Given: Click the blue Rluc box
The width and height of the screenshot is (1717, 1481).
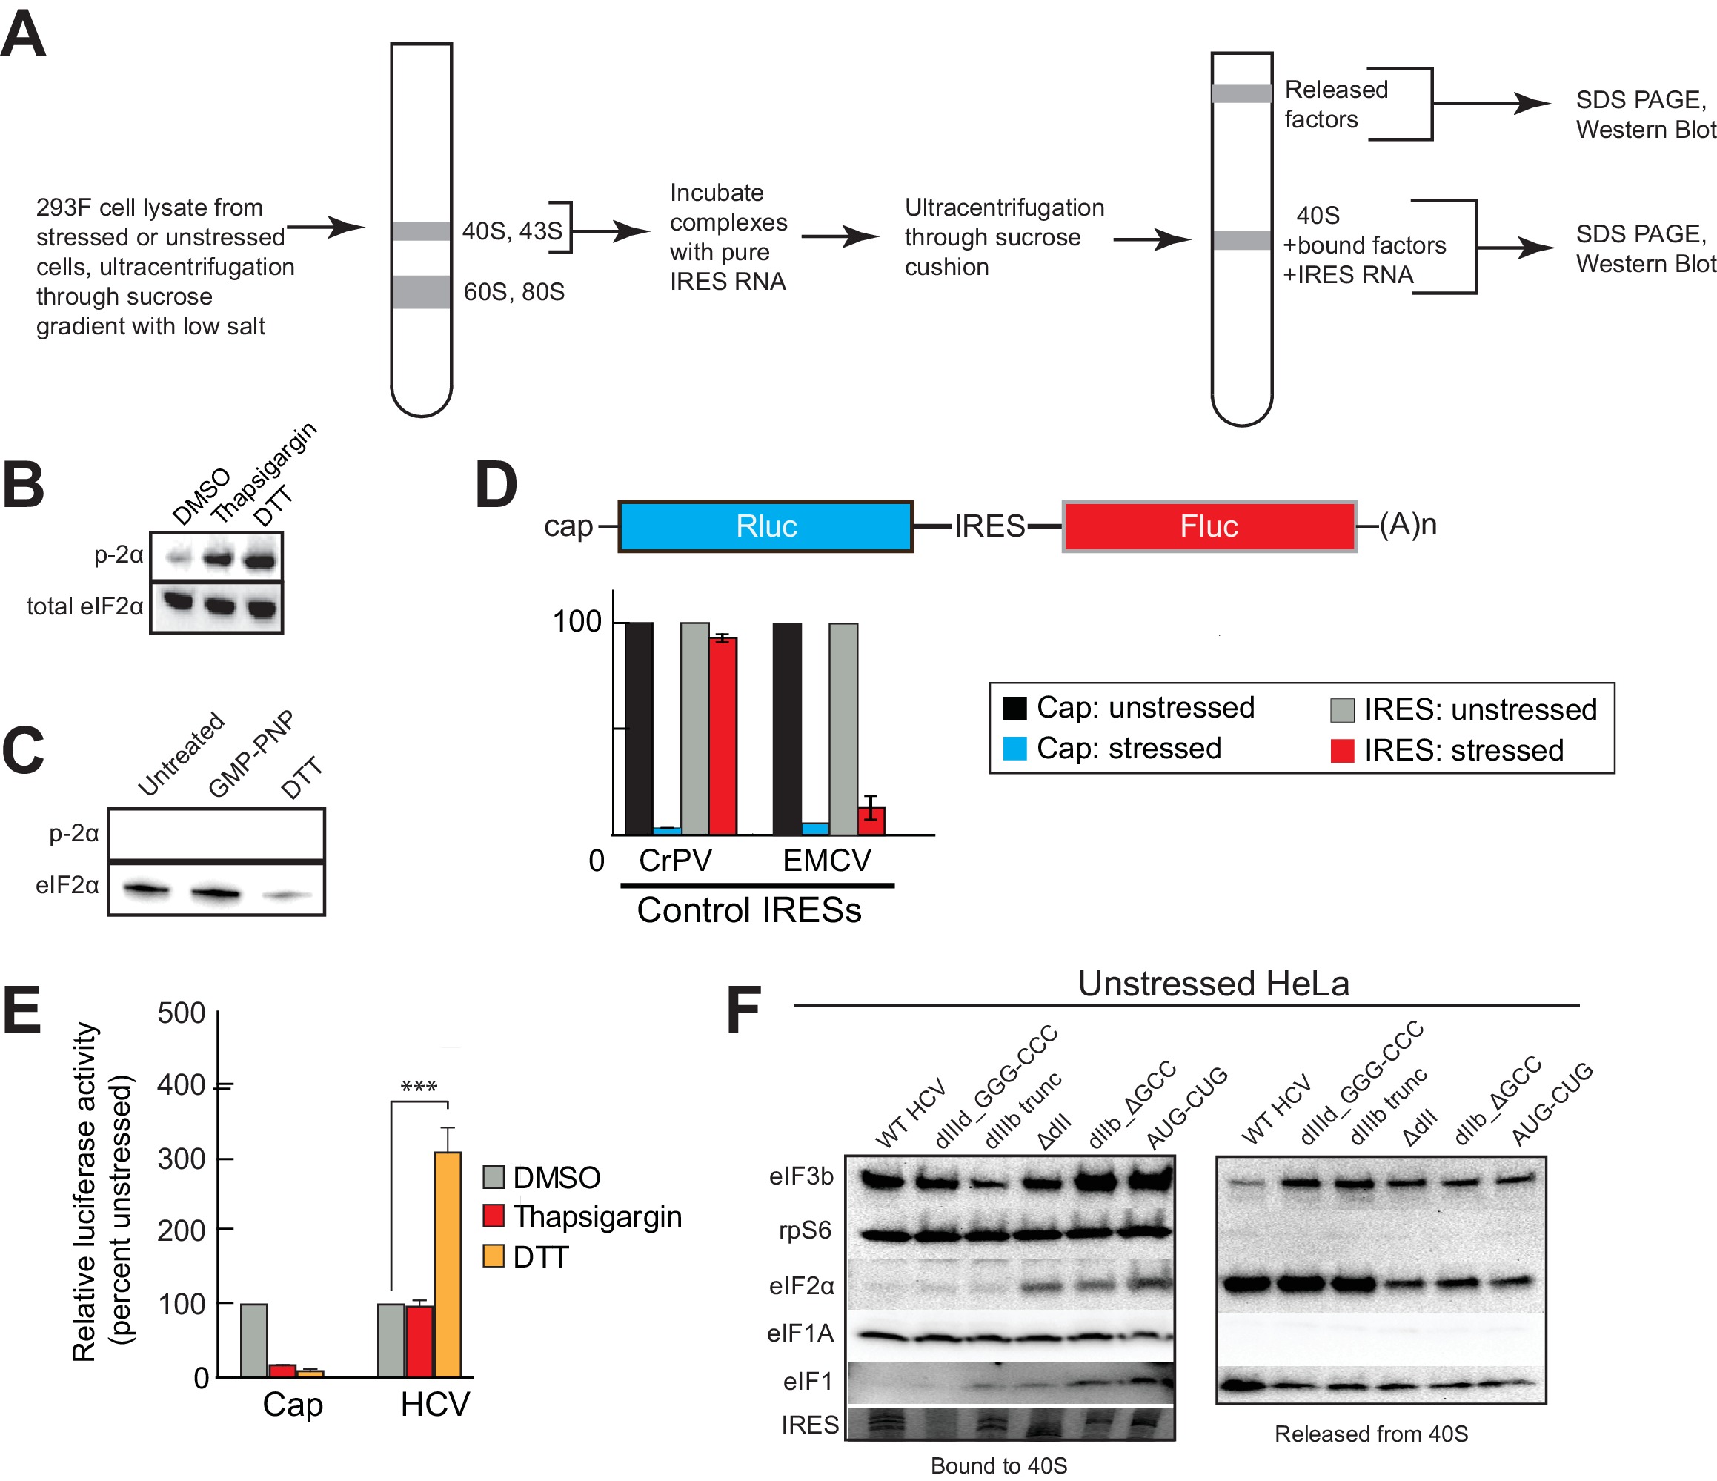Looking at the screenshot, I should pos(765,526).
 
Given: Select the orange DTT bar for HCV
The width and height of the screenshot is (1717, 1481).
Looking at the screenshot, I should pos(448,1264).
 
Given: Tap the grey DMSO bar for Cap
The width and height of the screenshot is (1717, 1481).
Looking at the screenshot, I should pos(253,1340).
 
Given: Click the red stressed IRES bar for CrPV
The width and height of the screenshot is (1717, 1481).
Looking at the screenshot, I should pos(723,735).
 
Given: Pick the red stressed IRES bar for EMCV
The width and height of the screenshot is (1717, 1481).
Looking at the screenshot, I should pos(871,821).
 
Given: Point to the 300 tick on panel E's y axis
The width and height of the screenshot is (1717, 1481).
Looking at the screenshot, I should pos(182,1159).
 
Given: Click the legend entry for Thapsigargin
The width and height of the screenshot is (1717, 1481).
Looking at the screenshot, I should pos(597,1216).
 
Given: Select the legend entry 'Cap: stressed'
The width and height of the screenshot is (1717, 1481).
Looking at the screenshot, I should pos(1129,749).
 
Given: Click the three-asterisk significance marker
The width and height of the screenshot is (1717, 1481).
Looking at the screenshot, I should pos(419,1087).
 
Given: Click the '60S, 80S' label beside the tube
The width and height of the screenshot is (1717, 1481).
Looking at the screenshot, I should pos(514,292).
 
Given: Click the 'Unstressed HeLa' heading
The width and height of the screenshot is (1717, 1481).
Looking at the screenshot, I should pos(1213,984).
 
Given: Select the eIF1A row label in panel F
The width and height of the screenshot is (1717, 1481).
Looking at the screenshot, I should pos(800,1333).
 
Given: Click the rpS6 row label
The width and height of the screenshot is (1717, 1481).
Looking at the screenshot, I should pos(805,1230).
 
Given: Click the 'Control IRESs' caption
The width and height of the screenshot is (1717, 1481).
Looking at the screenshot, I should pos(748,910).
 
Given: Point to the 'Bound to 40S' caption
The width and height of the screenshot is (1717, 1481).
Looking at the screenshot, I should pos(998,1465).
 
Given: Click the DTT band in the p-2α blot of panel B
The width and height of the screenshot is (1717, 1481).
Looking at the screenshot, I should pos(260,560).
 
